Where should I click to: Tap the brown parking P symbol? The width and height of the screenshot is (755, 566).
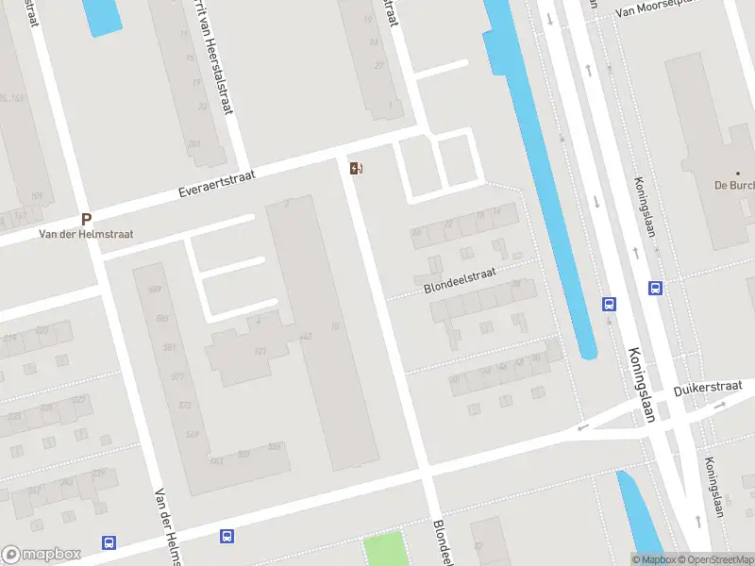86,219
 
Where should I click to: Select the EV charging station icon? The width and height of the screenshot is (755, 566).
356,168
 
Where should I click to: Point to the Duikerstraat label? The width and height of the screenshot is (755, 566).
708,389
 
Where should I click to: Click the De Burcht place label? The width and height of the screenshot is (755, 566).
733,184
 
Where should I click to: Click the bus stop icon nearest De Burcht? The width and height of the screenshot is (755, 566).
655,289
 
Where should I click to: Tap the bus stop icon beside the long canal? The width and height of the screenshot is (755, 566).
610,304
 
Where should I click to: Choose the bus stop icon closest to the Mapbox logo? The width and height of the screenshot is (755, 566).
109,542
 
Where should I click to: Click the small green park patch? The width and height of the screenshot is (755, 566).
383,549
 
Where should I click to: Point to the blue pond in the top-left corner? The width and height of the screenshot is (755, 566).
101,16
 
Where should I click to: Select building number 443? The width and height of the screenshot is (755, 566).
305,337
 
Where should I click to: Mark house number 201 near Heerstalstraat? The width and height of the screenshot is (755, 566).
194,144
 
